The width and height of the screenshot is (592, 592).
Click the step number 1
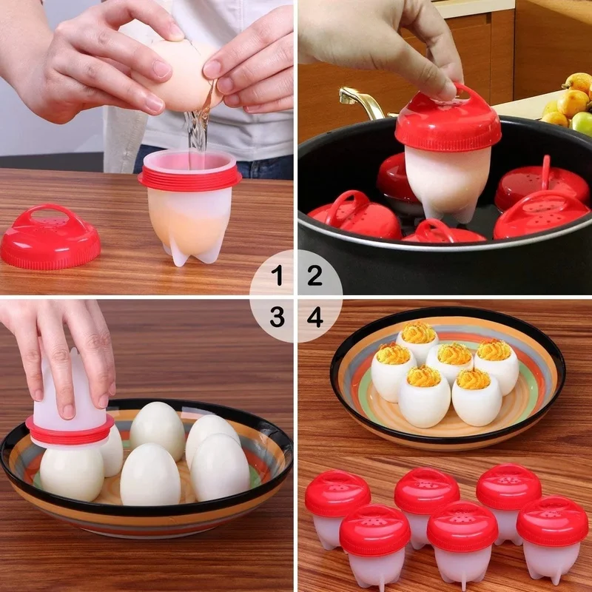(x=277, y=277)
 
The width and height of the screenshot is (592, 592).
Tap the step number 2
(x=315, y=277)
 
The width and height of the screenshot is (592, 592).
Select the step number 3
(x=277, y=317)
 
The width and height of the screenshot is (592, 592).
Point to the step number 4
(x=315, y=317)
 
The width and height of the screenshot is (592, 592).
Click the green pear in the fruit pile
(x=582, y=123)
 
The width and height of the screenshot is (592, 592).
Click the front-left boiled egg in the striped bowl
(x=72, y=472)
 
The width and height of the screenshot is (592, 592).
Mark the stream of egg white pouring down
(x=196, y=133)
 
